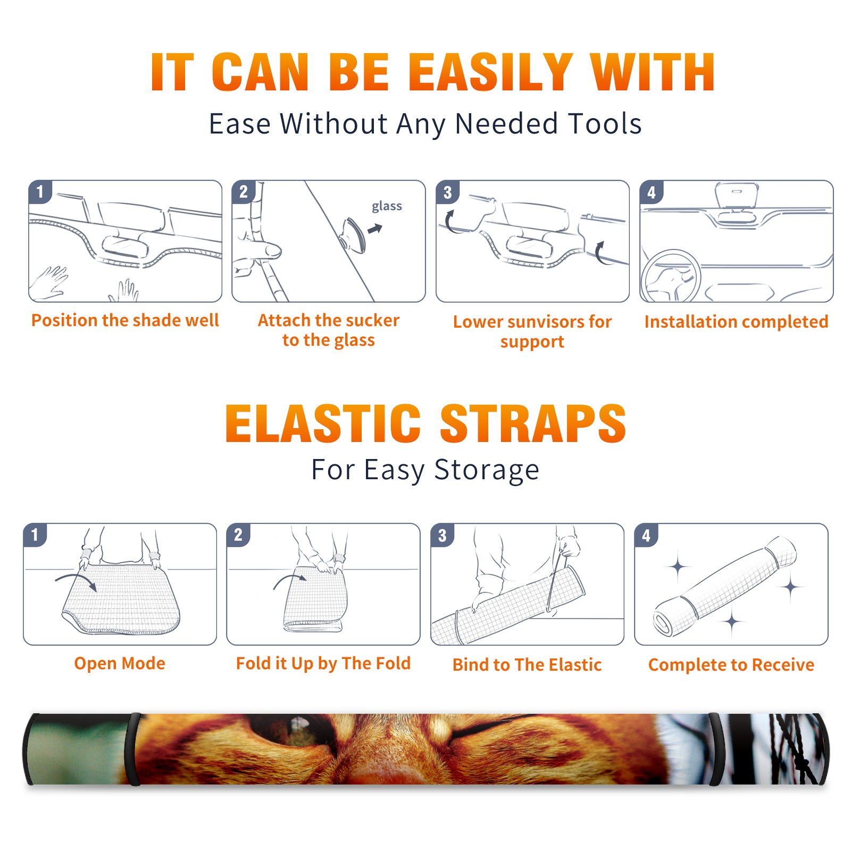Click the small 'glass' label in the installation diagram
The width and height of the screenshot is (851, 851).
tap(387, 206)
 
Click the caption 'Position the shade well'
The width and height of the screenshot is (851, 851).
tap(125, 320)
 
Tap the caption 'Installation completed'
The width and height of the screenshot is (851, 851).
tap(736, 321)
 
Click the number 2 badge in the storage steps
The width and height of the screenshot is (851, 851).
tap(238, 535)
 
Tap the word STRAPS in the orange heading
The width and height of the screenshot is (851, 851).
tap(533, 423)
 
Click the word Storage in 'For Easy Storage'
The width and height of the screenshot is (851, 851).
tap(487, 470)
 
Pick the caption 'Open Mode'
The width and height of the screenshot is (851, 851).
tap(120, 663)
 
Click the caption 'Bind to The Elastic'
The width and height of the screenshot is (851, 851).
tap(527, 664)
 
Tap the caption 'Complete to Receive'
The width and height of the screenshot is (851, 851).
tap(731, 665)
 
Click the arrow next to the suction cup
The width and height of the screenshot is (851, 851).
tap(375, 229)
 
